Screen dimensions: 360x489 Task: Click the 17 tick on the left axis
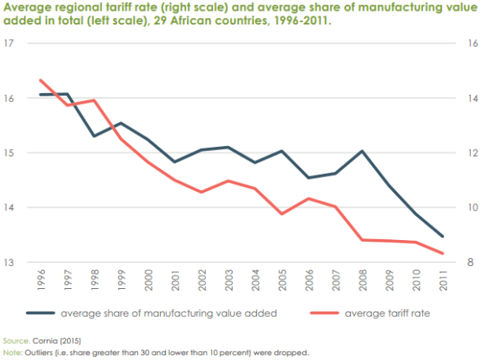[x=11, y=43]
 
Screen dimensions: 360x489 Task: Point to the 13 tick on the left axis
[x=11, y=263]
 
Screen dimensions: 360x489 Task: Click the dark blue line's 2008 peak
[x=361, y=151]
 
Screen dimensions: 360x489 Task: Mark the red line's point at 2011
[x=441, y=254]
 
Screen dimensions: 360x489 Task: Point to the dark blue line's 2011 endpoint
[x=441, y=237]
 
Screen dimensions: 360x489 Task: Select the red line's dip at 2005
[x=282, y=214]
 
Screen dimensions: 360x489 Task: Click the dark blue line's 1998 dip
[x=94, y=136]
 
